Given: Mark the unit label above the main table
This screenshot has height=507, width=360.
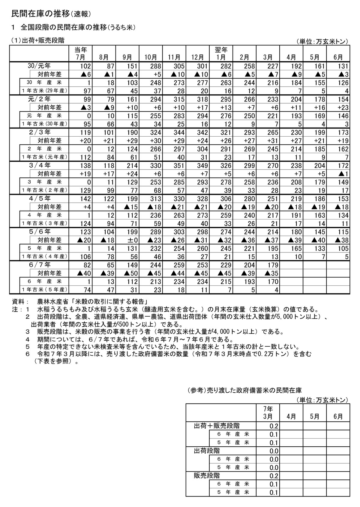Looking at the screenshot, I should tap(322, 41).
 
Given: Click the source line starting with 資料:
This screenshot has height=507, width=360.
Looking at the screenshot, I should tap(81, 301).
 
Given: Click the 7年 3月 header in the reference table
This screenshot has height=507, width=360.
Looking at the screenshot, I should tap(268, 413).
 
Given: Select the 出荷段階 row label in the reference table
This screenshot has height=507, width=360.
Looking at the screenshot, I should tap(207, 451).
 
